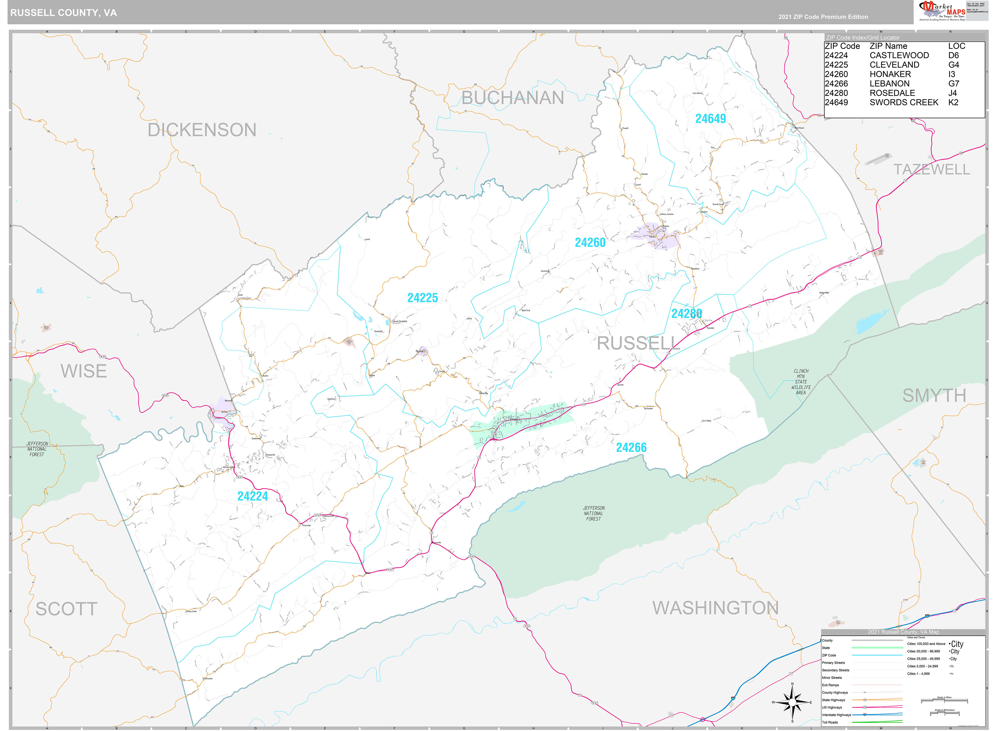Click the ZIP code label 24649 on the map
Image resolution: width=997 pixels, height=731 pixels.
click(x=710, y=119)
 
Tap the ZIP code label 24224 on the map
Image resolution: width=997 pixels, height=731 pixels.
click(x=253, y=496)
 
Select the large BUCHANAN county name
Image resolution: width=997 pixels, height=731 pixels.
click(x=512, y=98)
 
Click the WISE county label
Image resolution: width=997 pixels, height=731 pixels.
click(x=84, y=371)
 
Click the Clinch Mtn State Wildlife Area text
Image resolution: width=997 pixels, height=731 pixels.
click(x=800, y=382)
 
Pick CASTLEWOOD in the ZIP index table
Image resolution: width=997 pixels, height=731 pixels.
click(x=899, y=55)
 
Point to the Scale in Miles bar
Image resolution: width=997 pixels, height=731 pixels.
click(x=944, y=700)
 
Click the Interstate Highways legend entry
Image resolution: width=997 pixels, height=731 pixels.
click(x=836, y=715)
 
